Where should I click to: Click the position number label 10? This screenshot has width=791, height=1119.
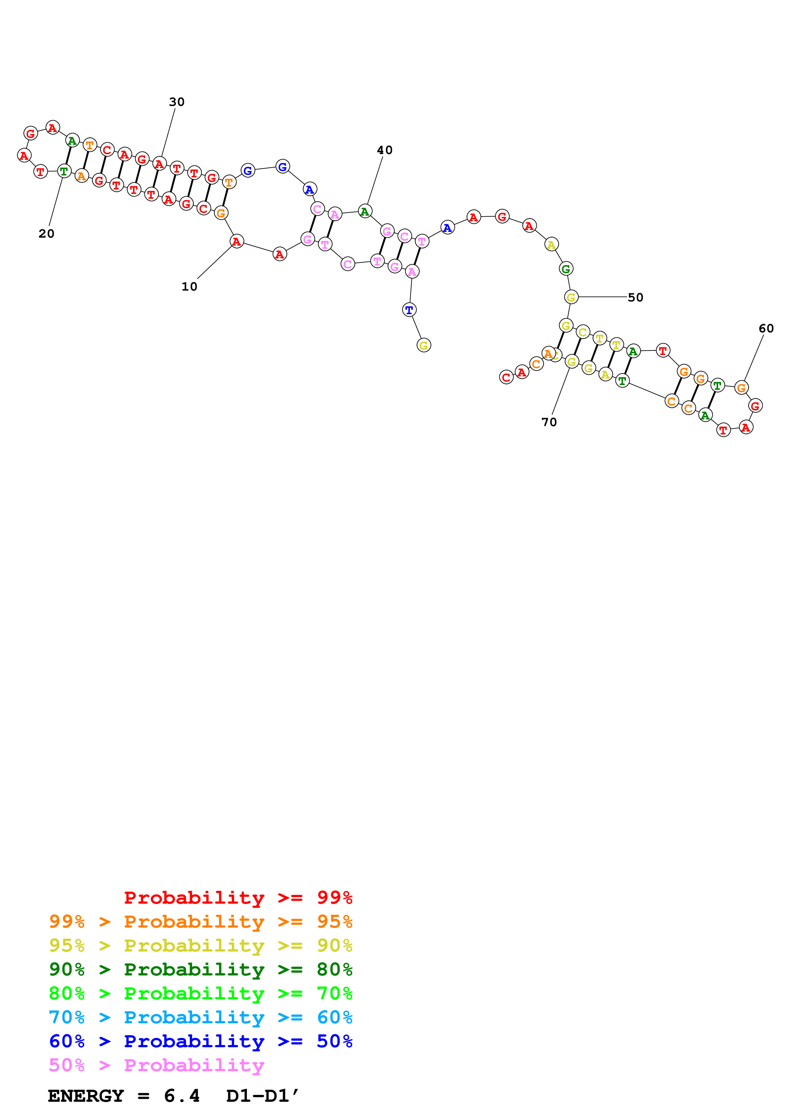(189, 286)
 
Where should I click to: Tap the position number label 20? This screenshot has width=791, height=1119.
(46, 233)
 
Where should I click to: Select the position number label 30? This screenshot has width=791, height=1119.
(176, 102)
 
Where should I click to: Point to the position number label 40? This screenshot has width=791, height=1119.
(384, 150)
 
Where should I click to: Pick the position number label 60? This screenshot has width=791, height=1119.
(766, 329)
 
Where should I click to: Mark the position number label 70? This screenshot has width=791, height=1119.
(549, 422)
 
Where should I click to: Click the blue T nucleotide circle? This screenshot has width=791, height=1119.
(409, 309)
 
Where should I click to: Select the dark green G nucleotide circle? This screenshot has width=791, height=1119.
(566, 269)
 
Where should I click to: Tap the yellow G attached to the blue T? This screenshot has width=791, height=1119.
(423, 345)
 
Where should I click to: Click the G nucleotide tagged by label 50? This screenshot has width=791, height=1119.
(571, 297)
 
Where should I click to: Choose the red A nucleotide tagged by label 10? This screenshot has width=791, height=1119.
(236, 241)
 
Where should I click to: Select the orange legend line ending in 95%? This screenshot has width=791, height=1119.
(201, 921)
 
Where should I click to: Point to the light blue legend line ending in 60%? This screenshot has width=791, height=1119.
(201, 1017)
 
